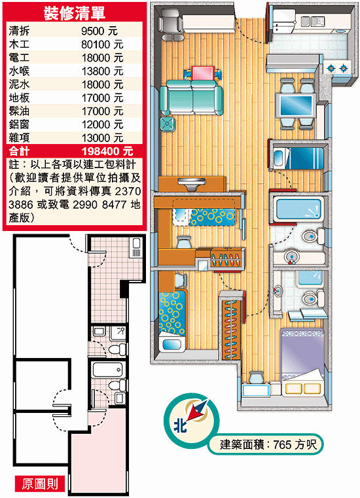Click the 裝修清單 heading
75,12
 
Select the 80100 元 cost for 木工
102,44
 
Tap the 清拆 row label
19,31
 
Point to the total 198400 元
107,151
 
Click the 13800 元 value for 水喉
102,71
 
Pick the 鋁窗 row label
19,124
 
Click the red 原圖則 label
40,484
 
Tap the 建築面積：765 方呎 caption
268,444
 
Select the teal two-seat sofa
191,98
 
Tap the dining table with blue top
295,105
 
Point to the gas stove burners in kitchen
338,68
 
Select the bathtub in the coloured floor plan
298,208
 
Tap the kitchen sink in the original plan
137,248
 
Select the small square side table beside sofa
168,124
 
